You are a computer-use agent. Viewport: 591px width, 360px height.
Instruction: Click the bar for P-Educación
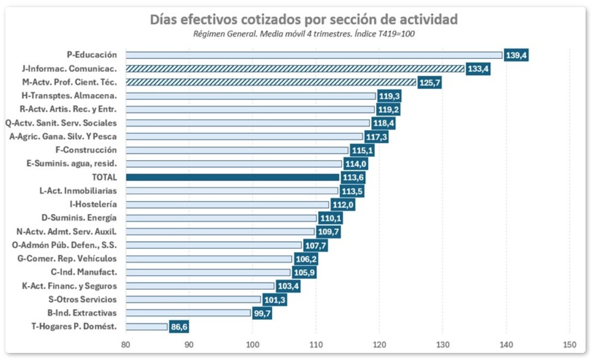coord(313,55)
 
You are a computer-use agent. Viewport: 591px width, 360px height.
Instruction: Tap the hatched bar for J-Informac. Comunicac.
coord(294,69)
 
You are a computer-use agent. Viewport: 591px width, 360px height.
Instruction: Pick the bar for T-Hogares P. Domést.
coord(146,327)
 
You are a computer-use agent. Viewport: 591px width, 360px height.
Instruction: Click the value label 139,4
coord(516,55)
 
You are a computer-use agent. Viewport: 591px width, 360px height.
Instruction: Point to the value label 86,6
coord(179,327)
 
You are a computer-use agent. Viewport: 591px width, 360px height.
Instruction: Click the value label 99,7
coord(262,313)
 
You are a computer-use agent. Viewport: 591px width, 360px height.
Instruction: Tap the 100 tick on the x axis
coord(252,345)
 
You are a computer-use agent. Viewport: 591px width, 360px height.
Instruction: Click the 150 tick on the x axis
coord(569,345)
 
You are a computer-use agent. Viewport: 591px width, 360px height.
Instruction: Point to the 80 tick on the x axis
coord(126,345)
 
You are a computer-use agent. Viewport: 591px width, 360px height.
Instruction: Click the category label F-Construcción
coord(86,150)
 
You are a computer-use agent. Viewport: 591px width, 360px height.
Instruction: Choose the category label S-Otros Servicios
coord(82,300)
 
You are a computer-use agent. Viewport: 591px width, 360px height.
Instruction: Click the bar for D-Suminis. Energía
coord(221,218)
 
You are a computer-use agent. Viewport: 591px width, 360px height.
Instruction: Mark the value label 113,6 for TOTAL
coord(353,178)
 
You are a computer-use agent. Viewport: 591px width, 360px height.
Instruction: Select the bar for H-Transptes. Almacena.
coord(250,96)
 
